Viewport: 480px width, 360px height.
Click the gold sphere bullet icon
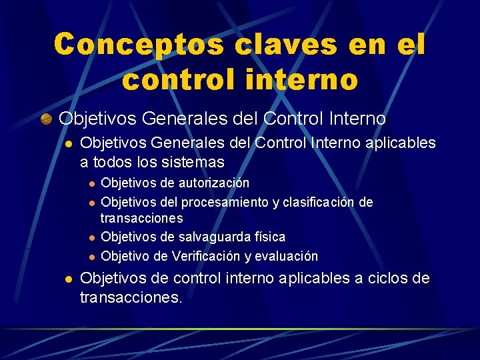45,119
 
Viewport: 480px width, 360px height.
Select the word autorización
217,183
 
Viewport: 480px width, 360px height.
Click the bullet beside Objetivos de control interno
67,279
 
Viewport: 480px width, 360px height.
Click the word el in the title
407,45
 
